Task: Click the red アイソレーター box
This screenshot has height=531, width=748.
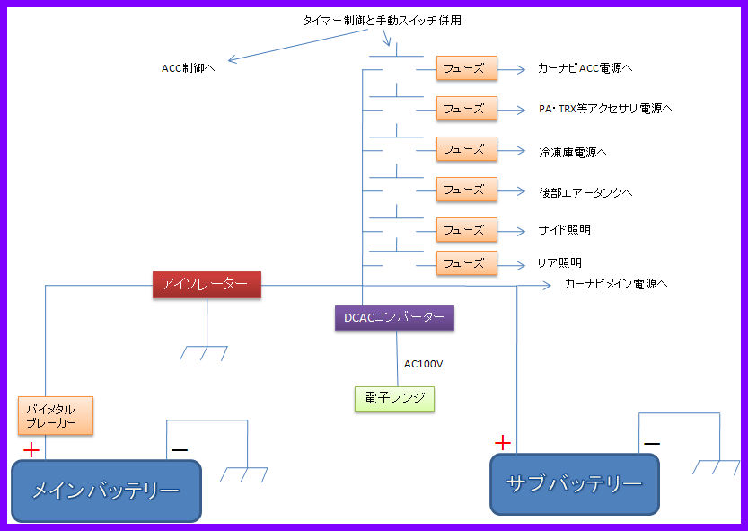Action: (207, 285)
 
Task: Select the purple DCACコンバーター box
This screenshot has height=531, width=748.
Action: (394, 317)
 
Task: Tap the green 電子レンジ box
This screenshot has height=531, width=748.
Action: (394, 399)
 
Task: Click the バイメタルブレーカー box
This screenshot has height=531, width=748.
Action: (56, 415)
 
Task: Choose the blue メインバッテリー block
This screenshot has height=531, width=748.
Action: (106, 491)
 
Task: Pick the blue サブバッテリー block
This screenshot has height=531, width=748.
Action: (575, 484)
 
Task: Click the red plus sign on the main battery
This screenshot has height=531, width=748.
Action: (31, 450)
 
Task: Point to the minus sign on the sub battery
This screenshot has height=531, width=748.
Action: (652, 444)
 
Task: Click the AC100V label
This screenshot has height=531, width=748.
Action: (423, 365)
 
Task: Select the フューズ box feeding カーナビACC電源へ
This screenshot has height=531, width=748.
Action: (467, 68)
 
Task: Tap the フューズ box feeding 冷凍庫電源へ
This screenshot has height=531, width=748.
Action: (467, 149)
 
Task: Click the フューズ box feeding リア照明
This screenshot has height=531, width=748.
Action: (467, 263)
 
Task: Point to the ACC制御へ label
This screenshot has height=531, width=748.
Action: (188, 68)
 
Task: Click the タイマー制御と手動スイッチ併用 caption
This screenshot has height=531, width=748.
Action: (382, 21)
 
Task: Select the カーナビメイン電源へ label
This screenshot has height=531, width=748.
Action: (616, 284)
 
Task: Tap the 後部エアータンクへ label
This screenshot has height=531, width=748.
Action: (585, 192)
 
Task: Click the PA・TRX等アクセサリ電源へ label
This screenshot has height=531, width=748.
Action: (606, 109)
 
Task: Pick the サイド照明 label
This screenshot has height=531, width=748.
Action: (564, 230)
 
